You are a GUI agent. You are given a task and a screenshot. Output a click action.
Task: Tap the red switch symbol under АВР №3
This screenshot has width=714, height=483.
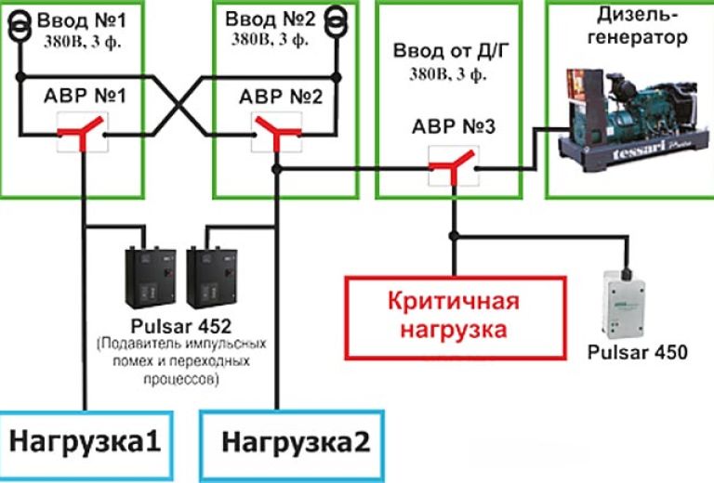tap(454, 167)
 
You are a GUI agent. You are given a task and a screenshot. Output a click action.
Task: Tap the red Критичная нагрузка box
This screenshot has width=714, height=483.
tap(454, 316)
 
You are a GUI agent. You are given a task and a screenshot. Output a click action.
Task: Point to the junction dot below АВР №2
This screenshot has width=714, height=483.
tap(274, 168)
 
